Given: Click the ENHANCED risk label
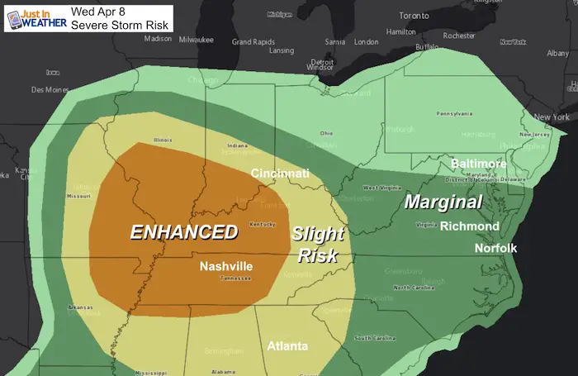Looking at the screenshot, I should pos(184,231).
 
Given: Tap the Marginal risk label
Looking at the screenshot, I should pos(443,202).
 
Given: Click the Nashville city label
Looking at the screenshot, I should pos(226,266).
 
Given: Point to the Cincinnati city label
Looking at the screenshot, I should pos(281,174).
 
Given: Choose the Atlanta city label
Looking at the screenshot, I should pos(287,346).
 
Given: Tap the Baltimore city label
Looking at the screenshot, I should pos(478,164).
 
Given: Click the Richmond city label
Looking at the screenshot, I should pos(469,226).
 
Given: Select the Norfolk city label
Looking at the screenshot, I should pos(495,248).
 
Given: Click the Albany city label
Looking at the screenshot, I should pos(557,53).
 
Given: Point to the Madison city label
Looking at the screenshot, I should pos(158,39).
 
